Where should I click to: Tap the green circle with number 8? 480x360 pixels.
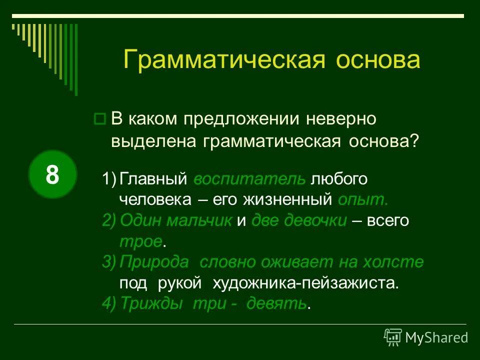pos(52,174)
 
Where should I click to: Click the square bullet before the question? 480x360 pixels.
pos(99,119)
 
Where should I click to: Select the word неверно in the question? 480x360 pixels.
pos(341,119)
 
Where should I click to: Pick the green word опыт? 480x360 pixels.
pos(362,200)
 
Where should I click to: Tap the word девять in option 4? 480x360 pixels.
pos(276,303)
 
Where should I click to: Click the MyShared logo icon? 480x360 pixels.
pos(392,337)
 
